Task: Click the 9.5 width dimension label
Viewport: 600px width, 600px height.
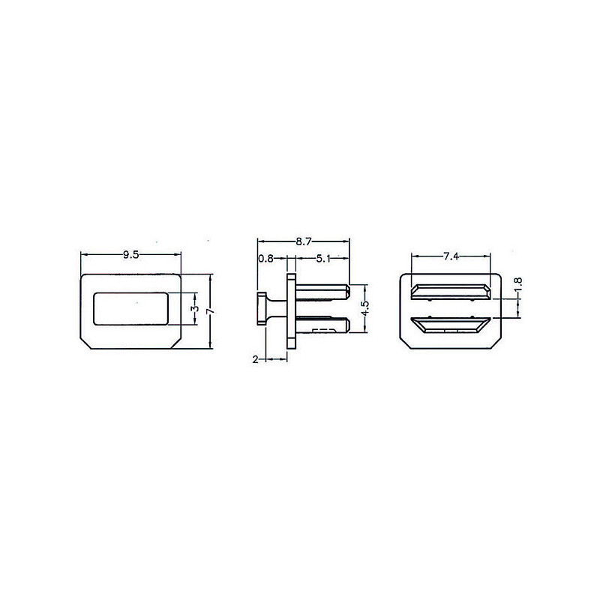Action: coord(130,255)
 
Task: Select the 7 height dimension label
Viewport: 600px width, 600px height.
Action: coord(210,312)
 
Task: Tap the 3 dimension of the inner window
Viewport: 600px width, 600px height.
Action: coord(195,309)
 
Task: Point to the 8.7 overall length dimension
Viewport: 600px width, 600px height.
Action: coord(304,241)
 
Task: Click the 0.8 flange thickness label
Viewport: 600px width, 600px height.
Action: coord(265,259)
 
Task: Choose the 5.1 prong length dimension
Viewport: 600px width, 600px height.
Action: coord(323,259)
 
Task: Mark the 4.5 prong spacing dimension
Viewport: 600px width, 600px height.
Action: coord(365,308)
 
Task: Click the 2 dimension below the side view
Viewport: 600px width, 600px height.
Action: coord(255,359)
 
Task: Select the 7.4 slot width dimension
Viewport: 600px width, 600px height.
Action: coord(451,256)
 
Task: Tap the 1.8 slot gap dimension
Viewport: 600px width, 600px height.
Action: coord(518,285)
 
